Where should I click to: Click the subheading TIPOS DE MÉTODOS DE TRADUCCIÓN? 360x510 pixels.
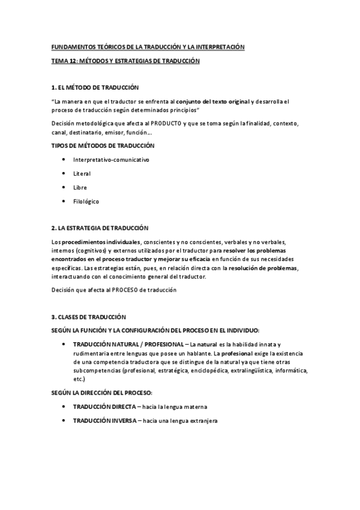(103, 146)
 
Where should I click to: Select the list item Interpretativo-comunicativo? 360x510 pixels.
(111, 159)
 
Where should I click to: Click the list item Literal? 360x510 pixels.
(82, 173)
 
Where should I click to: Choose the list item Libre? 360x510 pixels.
(80, 187)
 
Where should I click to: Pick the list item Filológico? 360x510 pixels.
(86, 201)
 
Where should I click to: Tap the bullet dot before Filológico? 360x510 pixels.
(64, 201)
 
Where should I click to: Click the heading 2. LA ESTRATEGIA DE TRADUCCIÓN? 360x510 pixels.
(104, 227)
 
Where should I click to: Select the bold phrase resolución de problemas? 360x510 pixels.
(263, 267)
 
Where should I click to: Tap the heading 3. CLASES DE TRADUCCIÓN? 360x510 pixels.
(89, 316)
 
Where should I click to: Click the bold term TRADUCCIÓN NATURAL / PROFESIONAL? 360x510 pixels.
(127, 343)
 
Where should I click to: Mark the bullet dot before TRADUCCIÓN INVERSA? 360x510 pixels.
(64, 421)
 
